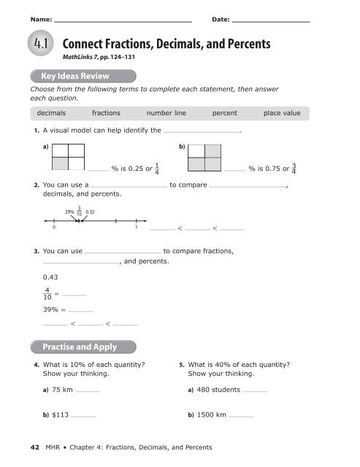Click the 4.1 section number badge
(38, 45)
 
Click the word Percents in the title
(245, 45)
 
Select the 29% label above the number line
(71, 212)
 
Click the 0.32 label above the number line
(92, 212)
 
